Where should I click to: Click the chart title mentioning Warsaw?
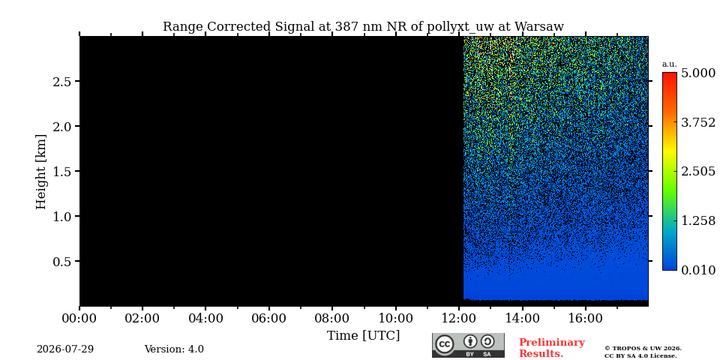pyautogui.click(x=363, y=27)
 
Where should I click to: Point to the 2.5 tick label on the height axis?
pyautogui.click(x=64, y=82)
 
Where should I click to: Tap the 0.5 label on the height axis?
pyautogui.click(x=64, y=261)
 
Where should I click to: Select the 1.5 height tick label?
pyautogui.click(x=64, y=171)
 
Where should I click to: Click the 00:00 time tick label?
pyautogui.click(x=80, y=318)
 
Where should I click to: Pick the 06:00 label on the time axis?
pyautogui.click(x=269, y=318)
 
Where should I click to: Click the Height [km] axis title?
pyautogui.click(x=41, y=172)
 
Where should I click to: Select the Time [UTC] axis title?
pyautogui.click(x=363, y=336)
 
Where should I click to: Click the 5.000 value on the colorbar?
pyautogui.click(x=698, y=73)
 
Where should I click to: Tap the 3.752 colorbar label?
pyautogui.click(x=698, y=122)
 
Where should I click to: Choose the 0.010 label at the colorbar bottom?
pyautogui.click(x=698, y=270)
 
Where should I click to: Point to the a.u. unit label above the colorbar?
pyautogui.click(x=670, y=64)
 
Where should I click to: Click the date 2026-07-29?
pyautogui.click(x=65, y=349)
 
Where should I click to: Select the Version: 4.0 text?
pyautogui.click(x=174, y=349)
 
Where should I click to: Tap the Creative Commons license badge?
pyautogui.click(x=468, y=345)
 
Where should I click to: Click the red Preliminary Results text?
pyautogui.click(x=552, y=348)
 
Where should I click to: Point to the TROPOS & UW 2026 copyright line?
pyautogui.click(x=643, y=349)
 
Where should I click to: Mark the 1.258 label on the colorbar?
pyautogui.click(x=698, y=220)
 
